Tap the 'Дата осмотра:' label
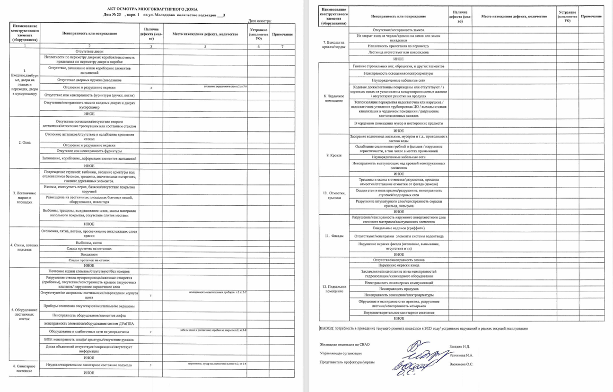(260, 21)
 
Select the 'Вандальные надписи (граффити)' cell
(398, 228)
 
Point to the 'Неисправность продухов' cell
(398, 288)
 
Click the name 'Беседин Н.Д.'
(459, 347)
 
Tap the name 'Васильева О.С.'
(461, 364)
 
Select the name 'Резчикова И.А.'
(461, 355)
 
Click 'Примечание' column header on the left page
(282, 35)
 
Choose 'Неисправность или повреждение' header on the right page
(398, 17)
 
